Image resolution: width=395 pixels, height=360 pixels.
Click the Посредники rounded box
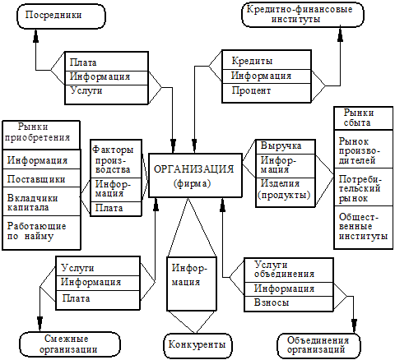tap(61, 16)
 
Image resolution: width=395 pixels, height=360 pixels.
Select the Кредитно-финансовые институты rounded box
tap(303, 15)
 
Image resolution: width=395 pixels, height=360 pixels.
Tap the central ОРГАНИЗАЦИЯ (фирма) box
tap(195, 175)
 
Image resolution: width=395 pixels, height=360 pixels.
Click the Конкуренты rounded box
tap(197, 345)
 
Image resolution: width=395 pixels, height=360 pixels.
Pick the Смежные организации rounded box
tap(70, 344)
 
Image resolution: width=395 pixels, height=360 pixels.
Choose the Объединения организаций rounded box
tap(318, 345)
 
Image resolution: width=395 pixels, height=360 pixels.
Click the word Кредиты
tap(252, 61)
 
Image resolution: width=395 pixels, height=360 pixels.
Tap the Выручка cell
tap(286, 147)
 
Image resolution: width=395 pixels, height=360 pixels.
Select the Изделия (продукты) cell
tap(286, 192)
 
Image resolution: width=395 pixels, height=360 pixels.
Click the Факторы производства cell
tap(116, 159)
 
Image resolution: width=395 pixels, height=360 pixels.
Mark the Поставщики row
tap(41, 178)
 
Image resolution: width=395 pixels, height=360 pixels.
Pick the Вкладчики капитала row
tap(41, 201)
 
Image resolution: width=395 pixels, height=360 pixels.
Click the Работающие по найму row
tap(41, 233)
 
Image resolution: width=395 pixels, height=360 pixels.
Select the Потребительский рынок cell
tap(364, 187)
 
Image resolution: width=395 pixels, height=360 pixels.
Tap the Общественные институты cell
tap(364, 228)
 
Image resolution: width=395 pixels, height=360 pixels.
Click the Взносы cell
tap(289, 303)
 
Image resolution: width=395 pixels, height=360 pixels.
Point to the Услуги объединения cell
tap(289, 270)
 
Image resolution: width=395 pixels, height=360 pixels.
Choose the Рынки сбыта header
tap(364, 118)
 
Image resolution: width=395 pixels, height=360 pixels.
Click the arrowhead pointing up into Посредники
tap(35, 35)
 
